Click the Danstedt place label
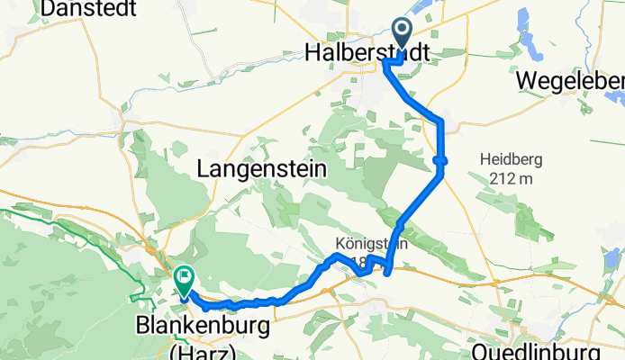click(88, 9)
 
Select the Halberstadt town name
click(366, 53)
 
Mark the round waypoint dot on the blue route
click(439, 161)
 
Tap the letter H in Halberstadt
click(314, 53)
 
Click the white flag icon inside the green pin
click(186, 278)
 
